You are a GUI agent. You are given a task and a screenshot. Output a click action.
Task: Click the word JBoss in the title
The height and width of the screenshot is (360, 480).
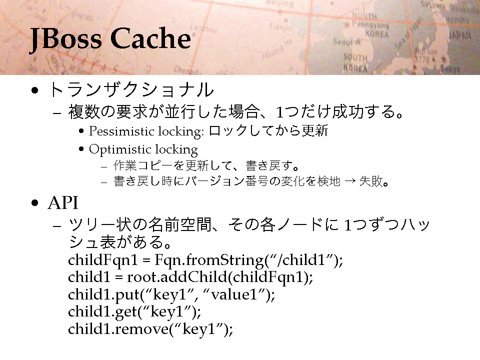click(66, 39)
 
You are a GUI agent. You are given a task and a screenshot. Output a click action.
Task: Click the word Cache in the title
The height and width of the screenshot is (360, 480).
click(150, 38)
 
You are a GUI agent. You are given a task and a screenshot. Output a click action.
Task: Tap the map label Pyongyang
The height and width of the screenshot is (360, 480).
click(370, 24)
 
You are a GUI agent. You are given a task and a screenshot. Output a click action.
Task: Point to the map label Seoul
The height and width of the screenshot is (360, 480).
click(343, 41)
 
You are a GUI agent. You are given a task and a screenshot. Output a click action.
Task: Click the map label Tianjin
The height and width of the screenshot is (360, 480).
click(280, 27)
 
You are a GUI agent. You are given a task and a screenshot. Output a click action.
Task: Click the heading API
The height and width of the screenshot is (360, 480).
click(63, 203)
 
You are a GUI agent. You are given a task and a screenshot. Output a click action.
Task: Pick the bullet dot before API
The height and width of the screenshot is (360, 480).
click(35, 203)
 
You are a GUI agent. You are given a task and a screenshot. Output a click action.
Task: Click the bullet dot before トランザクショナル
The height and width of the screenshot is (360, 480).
click(35, 90)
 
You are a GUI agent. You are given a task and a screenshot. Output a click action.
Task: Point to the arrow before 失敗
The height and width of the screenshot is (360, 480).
click(349, 181)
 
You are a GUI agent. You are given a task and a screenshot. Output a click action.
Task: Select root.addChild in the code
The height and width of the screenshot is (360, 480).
click(177, 277)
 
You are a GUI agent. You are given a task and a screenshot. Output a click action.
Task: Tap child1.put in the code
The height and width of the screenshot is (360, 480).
click(104, 295)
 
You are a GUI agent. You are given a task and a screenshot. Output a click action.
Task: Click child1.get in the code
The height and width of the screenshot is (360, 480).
click(102, 312)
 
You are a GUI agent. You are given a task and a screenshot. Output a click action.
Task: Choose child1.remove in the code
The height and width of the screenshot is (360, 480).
click(118, 329)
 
